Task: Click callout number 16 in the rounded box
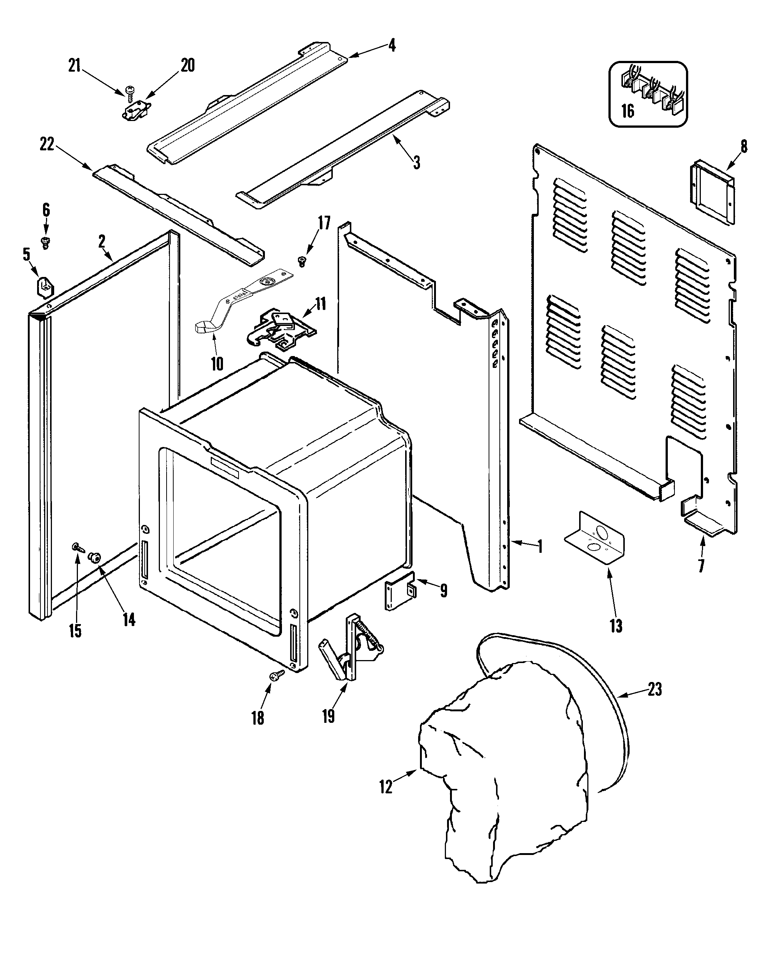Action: tap(627, 111)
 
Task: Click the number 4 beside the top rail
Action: tap(392, 45)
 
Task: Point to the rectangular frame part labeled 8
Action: tap(712, 192)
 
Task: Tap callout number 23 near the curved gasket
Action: tap(654, 690)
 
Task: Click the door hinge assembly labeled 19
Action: tap(351, 652)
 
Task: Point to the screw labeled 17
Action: tap(302, 260)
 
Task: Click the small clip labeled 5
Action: tap(44, 287)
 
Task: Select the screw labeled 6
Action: tap(45, 242)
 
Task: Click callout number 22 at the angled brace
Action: tap(47, 145)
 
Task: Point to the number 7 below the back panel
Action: tap(701, 566)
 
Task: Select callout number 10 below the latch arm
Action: tap(217, 363)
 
